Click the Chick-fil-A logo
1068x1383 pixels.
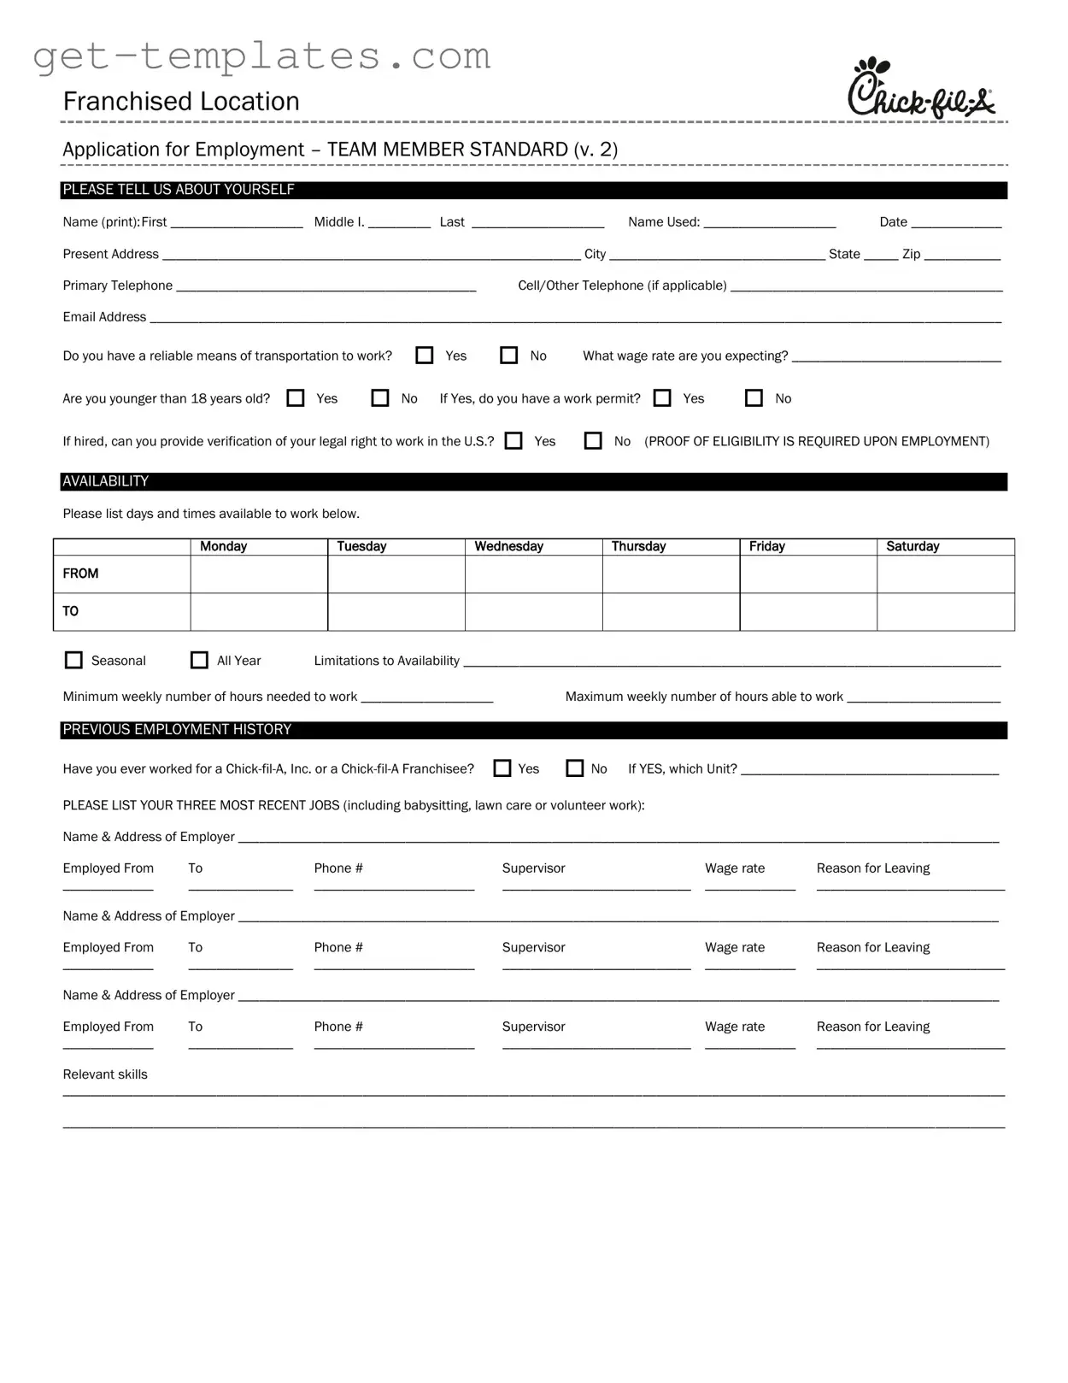[x=921, y=87]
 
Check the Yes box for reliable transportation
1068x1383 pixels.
[x=425, y=356]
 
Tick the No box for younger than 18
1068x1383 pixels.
[x=380, y=398]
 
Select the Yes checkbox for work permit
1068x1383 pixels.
[x=662, y=398]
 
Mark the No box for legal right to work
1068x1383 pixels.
[x=593, y=441]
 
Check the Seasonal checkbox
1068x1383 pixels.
[x=74, y=660]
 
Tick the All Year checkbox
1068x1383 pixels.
[x=199, y=660]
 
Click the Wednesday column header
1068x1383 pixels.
[x=509, y=546]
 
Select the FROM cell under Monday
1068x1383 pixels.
[x=259, y=574]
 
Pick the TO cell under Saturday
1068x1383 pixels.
[x=946, y=612]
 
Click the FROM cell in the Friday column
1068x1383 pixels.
[x=808, y=574]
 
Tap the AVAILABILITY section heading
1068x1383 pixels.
[x=106, y=481]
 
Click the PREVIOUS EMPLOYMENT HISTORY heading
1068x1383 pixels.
[x=177, y=729]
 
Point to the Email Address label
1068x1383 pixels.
[x=104, y=317]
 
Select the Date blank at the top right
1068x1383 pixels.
[x=956, y=222]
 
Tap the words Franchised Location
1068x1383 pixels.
[x=181, y=102]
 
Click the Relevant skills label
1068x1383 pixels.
[x=105, y=1074]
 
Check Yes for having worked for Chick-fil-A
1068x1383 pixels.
[x=502, y=768]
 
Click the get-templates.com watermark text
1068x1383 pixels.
[x=261, y=56]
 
